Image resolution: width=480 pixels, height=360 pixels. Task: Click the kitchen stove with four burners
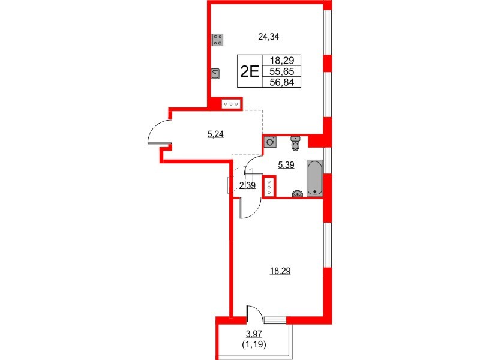pos(218,40)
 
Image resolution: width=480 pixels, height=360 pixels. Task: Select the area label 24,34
pos(269,37)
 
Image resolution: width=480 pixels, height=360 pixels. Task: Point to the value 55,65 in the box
pos(281,71)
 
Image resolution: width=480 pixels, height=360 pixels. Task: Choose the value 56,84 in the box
pos(281,82)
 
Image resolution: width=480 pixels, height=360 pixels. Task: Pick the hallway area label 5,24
pos(215,134)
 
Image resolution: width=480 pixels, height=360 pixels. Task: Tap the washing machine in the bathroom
pos(270,142)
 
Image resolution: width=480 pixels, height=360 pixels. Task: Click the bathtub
pos(314,177)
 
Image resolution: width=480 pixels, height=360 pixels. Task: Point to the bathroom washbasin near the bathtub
pos(297,193)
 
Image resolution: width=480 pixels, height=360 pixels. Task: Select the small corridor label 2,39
pos(247,185)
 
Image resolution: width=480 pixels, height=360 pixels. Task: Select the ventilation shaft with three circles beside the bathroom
pos(269,187)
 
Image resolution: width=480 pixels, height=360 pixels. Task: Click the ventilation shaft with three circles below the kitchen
pos(232,104)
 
